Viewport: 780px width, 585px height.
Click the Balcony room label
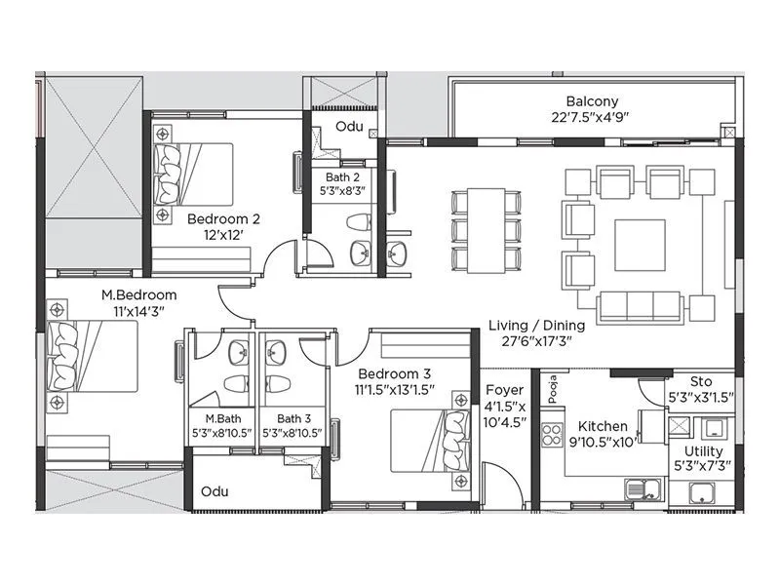[592, 101]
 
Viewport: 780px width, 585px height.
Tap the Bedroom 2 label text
[223, 218]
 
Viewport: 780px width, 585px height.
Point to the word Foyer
[504, 390]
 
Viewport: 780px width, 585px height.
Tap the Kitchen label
[603, 427]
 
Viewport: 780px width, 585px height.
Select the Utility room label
[703, 450]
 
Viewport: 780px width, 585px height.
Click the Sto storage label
[701, 381]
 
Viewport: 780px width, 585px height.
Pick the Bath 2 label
[343, 177]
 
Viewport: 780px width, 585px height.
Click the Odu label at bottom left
[214, 491]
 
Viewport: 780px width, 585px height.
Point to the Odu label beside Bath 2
[349, 128]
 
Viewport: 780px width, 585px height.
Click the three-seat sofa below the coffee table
[641, 306]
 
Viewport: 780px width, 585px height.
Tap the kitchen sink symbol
[642, 487]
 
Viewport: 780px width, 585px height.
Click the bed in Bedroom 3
[426, 442]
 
